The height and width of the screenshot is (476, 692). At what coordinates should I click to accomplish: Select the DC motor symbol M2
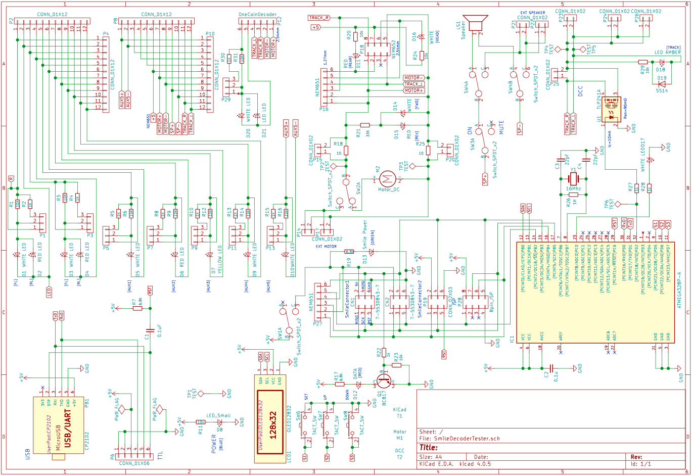click(x=388, y=178)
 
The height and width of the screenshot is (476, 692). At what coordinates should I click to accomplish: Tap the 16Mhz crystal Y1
click(x=573, y=178)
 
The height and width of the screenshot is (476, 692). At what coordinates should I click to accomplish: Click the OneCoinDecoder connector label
click(x=257, y=15)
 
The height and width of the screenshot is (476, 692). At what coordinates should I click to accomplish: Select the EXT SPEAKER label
click(x=533, y=13)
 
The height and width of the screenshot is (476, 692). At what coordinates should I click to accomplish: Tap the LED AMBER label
click(x=667, y=53)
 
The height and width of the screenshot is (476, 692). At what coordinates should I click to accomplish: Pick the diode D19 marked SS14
click(x=662, y=84)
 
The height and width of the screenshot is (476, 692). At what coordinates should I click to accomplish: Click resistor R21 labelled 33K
click(x=365, y=125)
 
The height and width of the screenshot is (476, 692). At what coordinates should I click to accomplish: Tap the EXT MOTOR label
click(x=326, y=247)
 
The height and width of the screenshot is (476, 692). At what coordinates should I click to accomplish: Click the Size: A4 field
click(x=430, y=456)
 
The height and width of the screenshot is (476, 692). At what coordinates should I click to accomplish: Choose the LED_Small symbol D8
click(x=219, y=421)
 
